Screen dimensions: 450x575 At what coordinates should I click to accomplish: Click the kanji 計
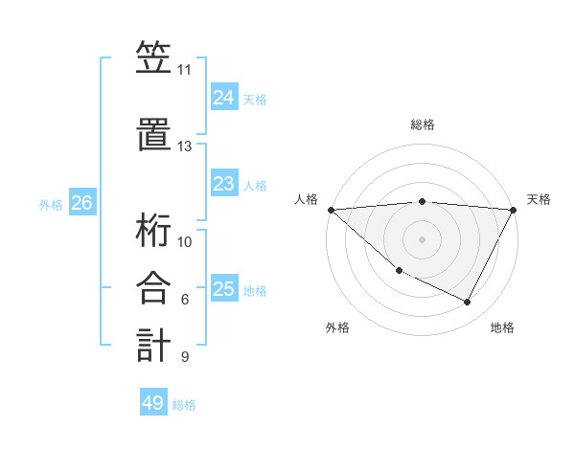(x=153, y=344)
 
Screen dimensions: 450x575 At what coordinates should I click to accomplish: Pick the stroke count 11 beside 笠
(x=184, y=70)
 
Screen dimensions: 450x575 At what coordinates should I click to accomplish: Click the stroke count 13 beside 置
(x=184, y=146)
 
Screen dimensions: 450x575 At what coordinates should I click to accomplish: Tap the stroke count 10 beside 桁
(x=184, y=242)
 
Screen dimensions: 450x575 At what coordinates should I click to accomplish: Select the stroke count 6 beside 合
(x=184, y=300)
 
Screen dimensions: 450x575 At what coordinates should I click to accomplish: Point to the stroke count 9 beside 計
(x=184, y=357)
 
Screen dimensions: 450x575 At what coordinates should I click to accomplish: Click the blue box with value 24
(x=223, y=98)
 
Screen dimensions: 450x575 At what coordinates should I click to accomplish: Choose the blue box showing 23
(x=223, y=184)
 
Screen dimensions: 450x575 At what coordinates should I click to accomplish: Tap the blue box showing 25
(x=223, y=289)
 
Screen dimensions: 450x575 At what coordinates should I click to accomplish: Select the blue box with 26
(x=81, y=203)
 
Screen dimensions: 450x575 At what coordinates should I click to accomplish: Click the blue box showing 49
(x=153, y=403)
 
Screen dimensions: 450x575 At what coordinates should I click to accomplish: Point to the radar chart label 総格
(x=422, y=124)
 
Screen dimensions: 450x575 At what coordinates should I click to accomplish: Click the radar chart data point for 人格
(x=331, y=210)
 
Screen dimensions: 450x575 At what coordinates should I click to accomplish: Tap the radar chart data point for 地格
(x=468, y=302)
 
